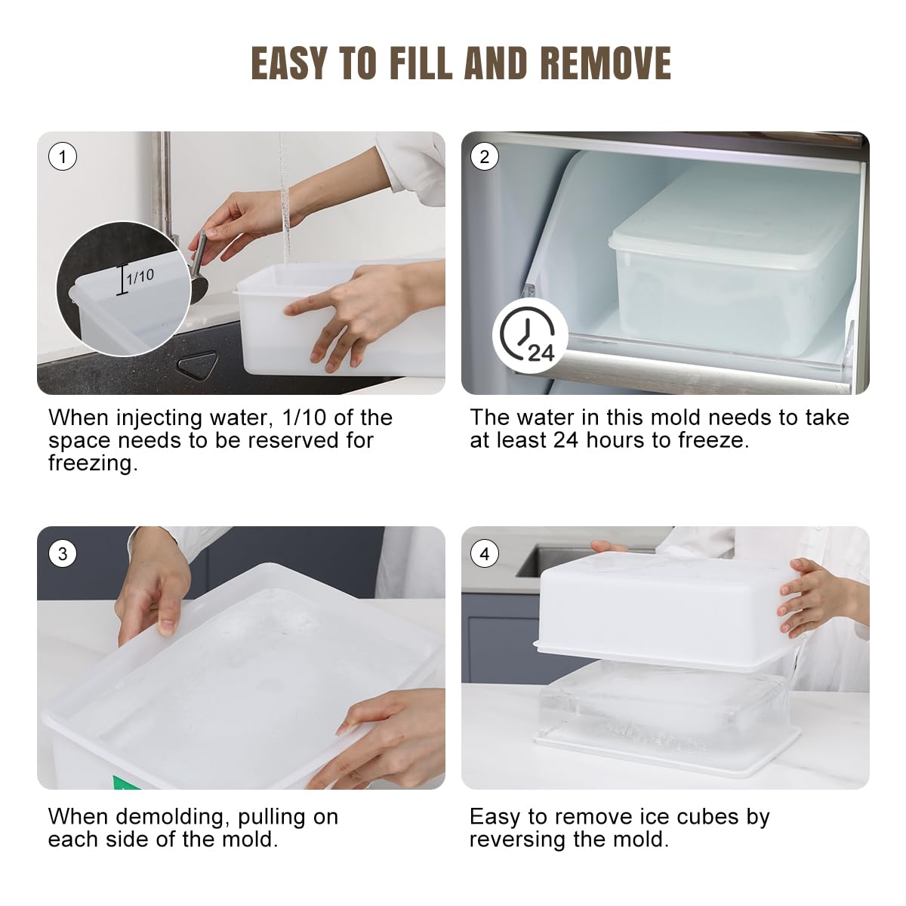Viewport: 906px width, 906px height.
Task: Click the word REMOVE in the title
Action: [606, 63]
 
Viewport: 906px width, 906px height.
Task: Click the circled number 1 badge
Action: [63, 156]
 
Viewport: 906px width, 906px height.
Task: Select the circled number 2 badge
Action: [485, 156]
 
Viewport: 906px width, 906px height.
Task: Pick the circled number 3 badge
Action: [63, 554]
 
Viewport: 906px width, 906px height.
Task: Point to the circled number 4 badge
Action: [485, 554]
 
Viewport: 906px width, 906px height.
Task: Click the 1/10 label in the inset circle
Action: [140, 276]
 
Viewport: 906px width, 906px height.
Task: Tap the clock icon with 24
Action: [530, 335]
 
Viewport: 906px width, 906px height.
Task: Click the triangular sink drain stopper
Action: [198, 365]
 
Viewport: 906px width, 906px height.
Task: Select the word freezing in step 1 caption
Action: [93, 464]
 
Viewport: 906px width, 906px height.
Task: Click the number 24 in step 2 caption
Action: [565, 440]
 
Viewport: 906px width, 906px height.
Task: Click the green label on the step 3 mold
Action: [123, 783]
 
